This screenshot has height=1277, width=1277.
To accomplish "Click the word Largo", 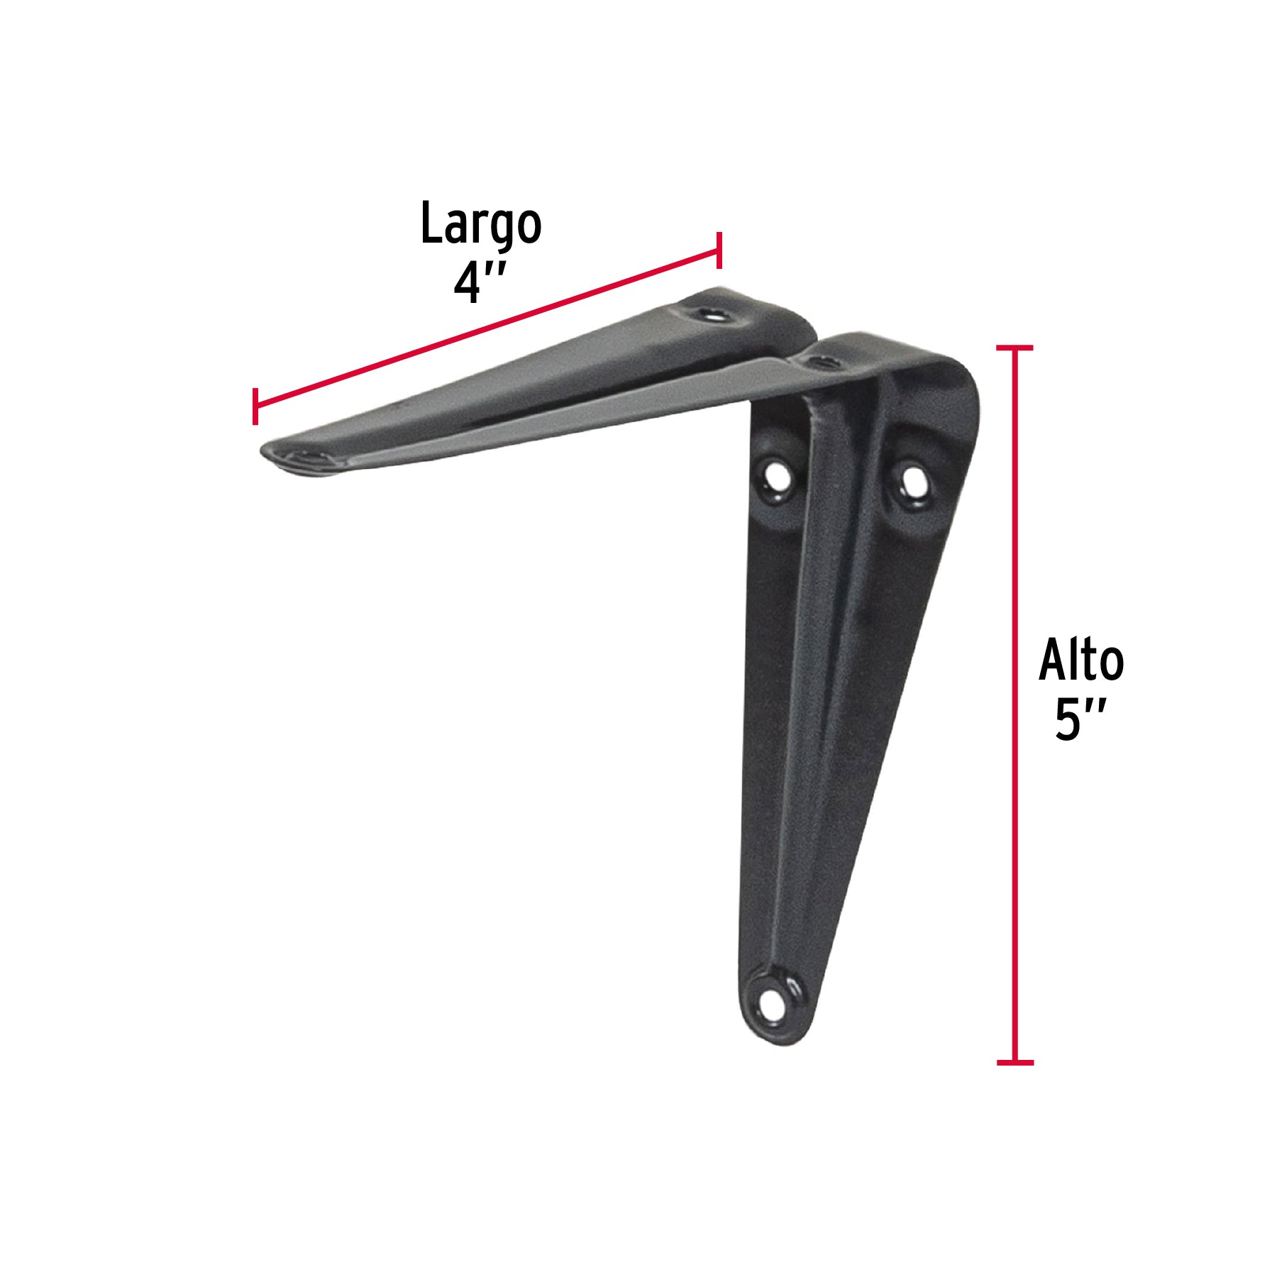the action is click(481, 225).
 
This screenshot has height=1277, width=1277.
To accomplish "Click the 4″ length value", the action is click(480, 283).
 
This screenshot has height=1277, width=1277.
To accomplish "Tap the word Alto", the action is click(1081, 660).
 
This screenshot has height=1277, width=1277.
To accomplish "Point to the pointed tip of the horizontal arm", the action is click(264, 451).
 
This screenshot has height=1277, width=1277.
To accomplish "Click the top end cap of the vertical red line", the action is click(1015, 348).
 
